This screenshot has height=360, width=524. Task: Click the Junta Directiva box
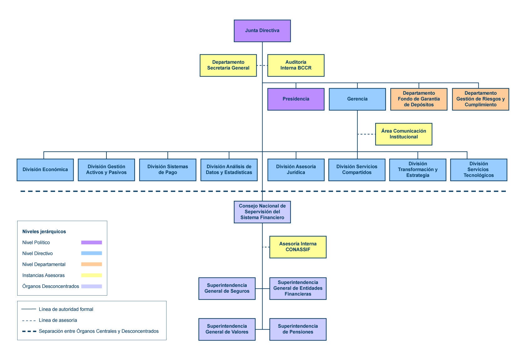click(262, 31)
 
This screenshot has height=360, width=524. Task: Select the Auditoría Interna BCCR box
click(296, 65)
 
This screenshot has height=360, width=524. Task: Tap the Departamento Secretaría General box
click(228, 65)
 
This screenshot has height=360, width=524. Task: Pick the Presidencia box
click(296, 99)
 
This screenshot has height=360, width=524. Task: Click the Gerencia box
click(357, 99)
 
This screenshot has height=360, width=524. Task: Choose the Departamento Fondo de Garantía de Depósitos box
click(419, 99)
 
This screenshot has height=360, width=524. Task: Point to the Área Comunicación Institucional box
click(403, 134)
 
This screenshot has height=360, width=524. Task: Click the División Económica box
click(45, 170)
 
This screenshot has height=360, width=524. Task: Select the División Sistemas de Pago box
click(168, 170)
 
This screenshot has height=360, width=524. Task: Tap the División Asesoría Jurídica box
click(296, 170)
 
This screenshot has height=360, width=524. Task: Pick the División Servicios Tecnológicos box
click(479, 170)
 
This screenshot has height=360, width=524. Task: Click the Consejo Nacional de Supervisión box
click(262, 212)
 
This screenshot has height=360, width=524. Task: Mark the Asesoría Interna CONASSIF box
click(298, 247)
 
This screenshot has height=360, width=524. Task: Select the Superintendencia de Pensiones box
click(298, 329)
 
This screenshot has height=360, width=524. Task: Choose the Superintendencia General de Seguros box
click(227, 289)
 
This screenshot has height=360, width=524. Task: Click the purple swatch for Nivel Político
click(91, 242)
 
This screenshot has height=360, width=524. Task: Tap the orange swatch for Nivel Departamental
click(91, 264)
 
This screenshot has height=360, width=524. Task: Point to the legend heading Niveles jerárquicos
click(44, 231)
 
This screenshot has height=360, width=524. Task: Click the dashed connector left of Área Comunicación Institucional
click(366, 134)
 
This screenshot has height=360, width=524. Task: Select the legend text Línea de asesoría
click(58, 320)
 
